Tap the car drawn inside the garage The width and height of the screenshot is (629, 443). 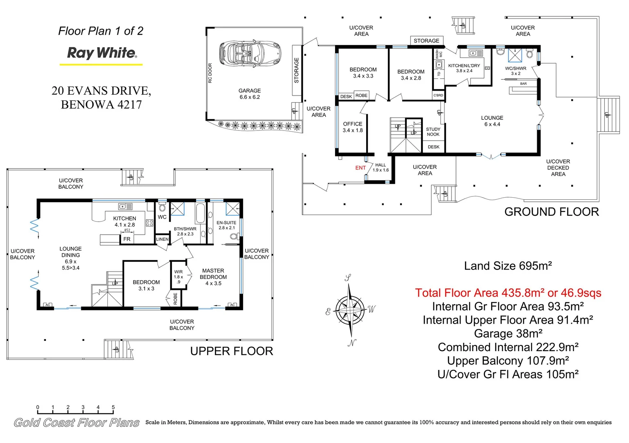pyautogui.click(x=250, y=53)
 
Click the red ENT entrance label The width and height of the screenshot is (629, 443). pyautogui.click(x=360, y=168)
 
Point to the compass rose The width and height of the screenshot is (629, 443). pyautogui.click(x=351, y=310)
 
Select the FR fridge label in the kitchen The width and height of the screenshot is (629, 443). pyautogui.click(x=127, y=239)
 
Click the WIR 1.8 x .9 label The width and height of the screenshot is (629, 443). pyautogui.click(x=178, y=277)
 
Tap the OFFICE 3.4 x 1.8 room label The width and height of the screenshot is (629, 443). pyautogui.click(x=353, y=127)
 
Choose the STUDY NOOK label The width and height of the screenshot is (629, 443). pyautogui.click(x=433, y=132)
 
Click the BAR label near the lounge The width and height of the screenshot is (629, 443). pyautogui.click(x=524, y=84)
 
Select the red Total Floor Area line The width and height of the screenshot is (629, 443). pyautogui.click(x=508, y=293)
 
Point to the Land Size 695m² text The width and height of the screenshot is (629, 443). pyautogui.click(x=508, y=266)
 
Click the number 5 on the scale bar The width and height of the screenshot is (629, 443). pyautogui.click(x=113, y=407)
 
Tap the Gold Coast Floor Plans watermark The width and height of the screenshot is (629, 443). pyautogui.click(x=76, y=422)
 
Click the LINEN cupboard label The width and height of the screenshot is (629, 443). pyautogui.click(x=162, y=239)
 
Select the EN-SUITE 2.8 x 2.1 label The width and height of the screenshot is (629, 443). pyautogui.click(x=226, y=225)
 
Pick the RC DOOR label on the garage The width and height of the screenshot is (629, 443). pyautogui.click(x=210, y=73)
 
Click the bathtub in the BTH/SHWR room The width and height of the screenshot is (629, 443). pyautogui.click(x=200, y=212)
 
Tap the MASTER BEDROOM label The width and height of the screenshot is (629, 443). pyautogui.click(x=213, y=277)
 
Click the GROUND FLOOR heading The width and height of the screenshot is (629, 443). pyautogui.click(x=552, y=212)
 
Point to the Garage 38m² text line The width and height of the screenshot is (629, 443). pyautogui.click(x=508, y=333)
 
